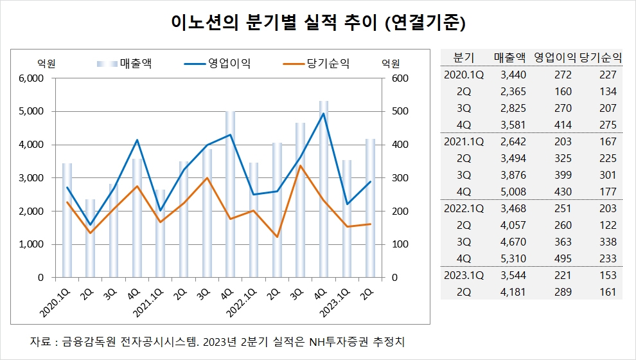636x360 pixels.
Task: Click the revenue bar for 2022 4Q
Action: click(x=324, y=193)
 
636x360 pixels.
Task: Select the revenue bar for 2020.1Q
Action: click(x=67, y=222)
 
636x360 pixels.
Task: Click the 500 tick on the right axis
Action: click(x=391, y=112)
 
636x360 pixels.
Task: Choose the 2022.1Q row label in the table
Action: click(x=463, y=209)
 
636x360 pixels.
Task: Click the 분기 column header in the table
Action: click(x=463, y=57)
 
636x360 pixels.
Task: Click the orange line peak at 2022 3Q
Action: click(x=301, y=166)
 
